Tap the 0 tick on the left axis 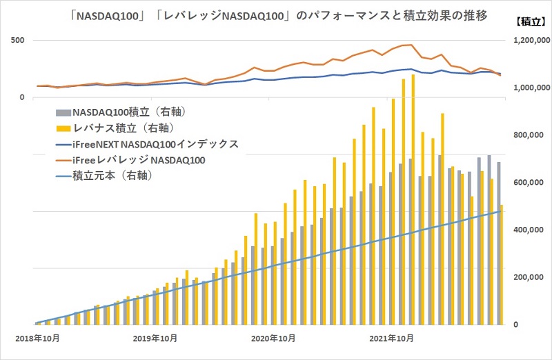pyautogui.click(x=21, y=97)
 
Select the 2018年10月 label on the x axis pyautogui.click(x=35, y=339)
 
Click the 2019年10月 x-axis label pyautogui.click(x=155, y=339)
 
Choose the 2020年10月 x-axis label pyautogui.click(x=274, y=339)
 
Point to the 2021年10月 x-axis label pyautogui.click(x=393, y=339)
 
